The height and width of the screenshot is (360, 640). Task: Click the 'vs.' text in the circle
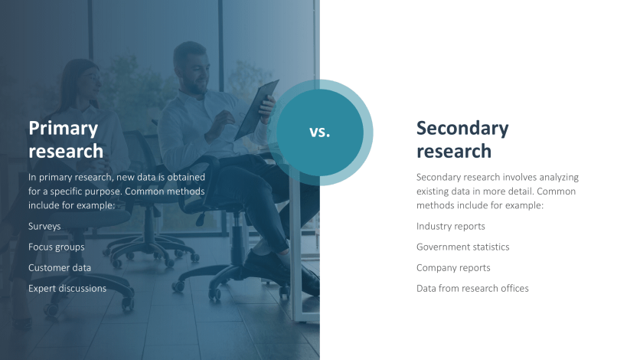point(319,132)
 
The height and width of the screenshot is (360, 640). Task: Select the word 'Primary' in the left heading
point(64,129)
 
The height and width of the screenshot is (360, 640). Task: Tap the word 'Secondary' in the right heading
point(462,129)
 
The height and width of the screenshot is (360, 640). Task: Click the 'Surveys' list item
point(44,227)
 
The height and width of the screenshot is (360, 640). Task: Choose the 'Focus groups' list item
point(57,247)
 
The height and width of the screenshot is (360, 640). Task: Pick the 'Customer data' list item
point(60,268)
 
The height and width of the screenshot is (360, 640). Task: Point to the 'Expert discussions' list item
point(67,289)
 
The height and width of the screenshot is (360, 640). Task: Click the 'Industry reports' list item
point(451,227)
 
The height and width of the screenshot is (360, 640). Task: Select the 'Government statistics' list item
point(463,247)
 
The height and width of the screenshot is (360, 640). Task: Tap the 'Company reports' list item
point(453,268)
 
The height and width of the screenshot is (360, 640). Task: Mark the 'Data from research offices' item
point(472,289)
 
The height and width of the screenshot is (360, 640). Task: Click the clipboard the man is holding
point(256,110)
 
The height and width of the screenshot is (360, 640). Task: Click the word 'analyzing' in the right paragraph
point(559,178)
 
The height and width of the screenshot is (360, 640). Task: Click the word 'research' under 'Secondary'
point(454,152)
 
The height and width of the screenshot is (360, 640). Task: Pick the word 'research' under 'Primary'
point(66,152)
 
